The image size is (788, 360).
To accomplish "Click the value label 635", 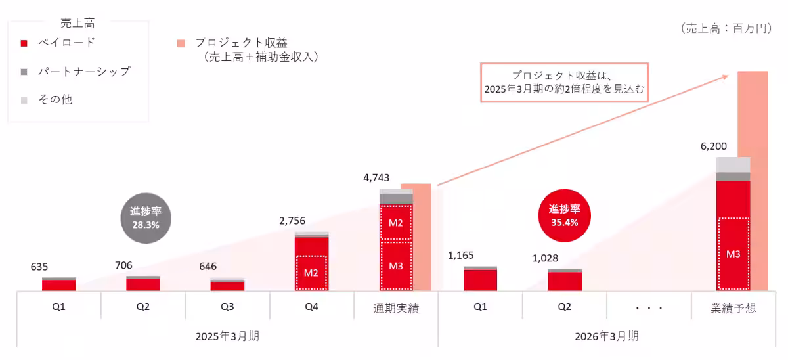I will [x=39, y=267].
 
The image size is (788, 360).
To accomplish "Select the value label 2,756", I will [x=293, y=221].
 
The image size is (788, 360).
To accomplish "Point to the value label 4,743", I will [x=377, y=177].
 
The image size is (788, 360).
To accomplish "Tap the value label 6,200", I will [x=714, y=146].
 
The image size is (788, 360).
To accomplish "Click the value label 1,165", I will [x=460, y=255].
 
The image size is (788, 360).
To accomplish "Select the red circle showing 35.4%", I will [x=565, y=215].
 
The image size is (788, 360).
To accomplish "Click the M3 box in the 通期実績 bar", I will [x=395, y=266].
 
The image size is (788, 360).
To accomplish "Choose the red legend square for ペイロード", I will [x=24, y=43].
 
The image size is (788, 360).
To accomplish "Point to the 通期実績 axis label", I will [x=396, y=307].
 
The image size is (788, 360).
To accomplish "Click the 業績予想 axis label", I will [x=733, y=307].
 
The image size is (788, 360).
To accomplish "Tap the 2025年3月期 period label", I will [x=227, y=336].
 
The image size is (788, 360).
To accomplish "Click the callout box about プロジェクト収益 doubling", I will [x=565, y=82].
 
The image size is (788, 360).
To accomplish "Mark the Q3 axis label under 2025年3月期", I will [x=227, y=307].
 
